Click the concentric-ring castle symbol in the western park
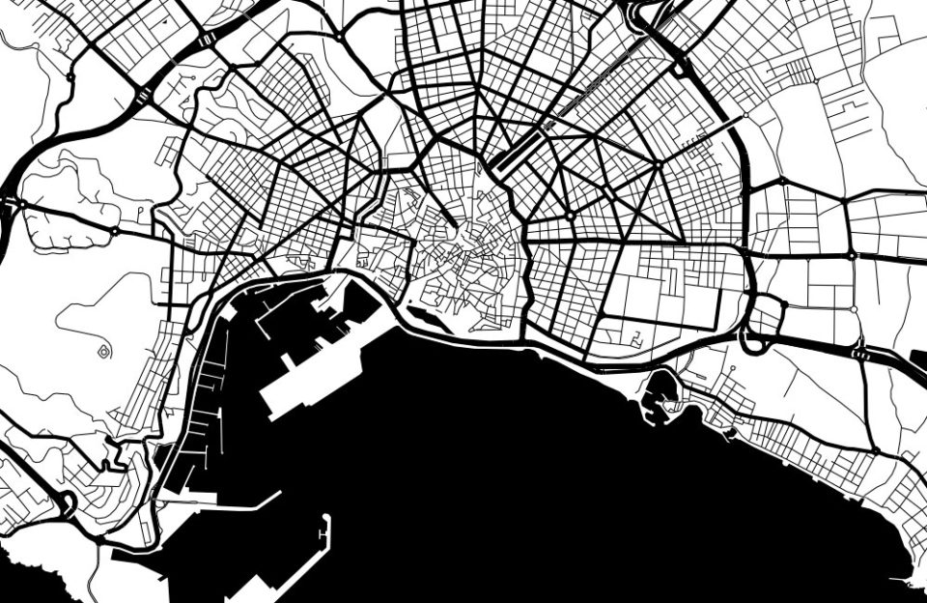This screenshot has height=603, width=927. [103, 351]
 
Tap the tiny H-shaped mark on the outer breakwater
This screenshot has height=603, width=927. [323, 533]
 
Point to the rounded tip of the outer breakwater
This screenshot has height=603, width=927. [327, 519]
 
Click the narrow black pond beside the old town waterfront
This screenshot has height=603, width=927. [424, 315]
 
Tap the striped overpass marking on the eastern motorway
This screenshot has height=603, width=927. [858, 355]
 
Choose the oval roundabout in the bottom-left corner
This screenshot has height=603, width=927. [67, 502]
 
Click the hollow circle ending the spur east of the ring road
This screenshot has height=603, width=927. [744, 116]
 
